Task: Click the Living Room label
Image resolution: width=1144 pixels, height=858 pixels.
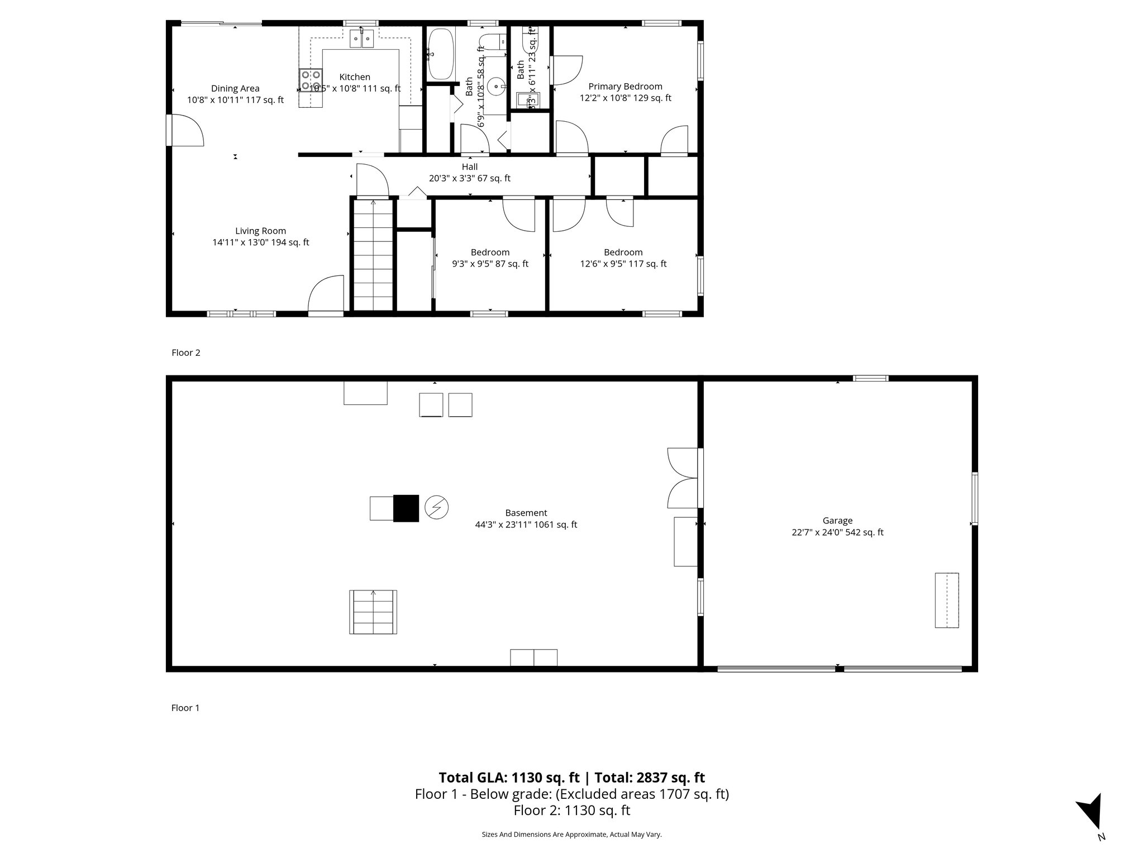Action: pos(260,231)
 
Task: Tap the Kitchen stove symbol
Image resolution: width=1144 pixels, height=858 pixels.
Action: pos(311,80)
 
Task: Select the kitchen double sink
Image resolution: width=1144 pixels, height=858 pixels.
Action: pos(362,39)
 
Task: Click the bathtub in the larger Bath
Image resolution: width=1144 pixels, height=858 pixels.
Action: pos(441,54)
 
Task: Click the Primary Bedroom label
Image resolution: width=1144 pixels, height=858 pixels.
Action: pos(625,87)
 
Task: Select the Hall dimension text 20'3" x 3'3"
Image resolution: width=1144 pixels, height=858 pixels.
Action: pos(469,179)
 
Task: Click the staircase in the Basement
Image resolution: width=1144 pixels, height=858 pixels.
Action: pos(373,612)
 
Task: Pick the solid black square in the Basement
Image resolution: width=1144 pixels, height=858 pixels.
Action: pos(406,508)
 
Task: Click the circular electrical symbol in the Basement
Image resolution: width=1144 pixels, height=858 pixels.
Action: pos(436,507)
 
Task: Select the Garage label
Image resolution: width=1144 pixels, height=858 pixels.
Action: pos(837,521)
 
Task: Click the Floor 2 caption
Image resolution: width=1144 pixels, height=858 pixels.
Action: pos(185,352)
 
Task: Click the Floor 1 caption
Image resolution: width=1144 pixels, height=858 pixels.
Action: pos(185,708)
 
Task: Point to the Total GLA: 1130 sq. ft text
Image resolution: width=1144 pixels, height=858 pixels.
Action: pos(509,778)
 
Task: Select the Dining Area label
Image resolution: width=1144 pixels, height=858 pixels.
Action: pos(235,88)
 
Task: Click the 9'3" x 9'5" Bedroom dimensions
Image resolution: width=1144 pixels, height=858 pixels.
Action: pos(490,264)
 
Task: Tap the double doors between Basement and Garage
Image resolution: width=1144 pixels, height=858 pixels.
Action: pos(683,478)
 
